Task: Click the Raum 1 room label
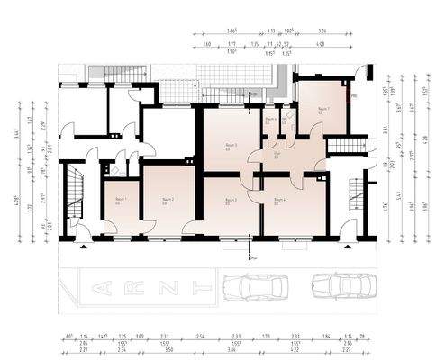click(121, 200)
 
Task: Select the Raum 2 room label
click(168, 200)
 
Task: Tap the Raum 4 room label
click(279, 200)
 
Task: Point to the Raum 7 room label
click(322, 109)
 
